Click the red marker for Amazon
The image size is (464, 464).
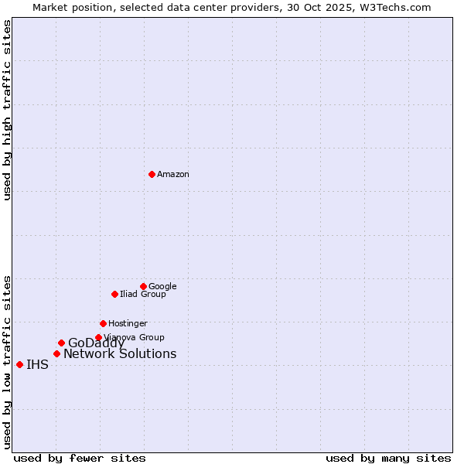point(152,174)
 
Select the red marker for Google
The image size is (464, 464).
point(143,286)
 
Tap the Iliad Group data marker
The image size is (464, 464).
point(114,294)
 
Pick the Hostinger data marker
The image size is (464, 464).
point(103,323)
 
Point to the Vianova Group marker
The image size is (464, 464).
point(98,337)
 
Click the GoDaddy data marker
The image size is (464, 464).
point(61,343)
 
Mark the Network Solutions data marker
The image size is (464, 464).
point(56,353)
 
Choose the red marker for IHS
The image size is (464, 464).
point(19,364)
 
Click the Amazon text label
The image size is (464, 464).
point(173,175)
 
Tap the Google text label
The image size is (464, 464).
point(162,286)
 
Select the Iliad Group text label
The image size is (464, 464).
point(142,294)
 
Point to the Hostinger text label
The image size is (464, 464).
point(128,323)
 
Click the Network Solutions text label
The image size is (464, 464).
point(120,354)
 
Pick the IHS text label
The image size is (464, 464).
point(37,365)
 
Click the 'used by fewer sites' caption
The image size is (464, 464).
point(80,458)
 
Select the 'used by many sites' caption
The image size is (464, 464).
point(388,458)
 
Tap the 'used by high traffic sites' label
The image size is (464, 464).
point(7,110)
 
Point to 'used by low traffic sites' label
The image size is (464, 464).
point(7,361)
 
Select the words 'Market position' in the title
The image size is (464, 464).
point(67,7)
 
